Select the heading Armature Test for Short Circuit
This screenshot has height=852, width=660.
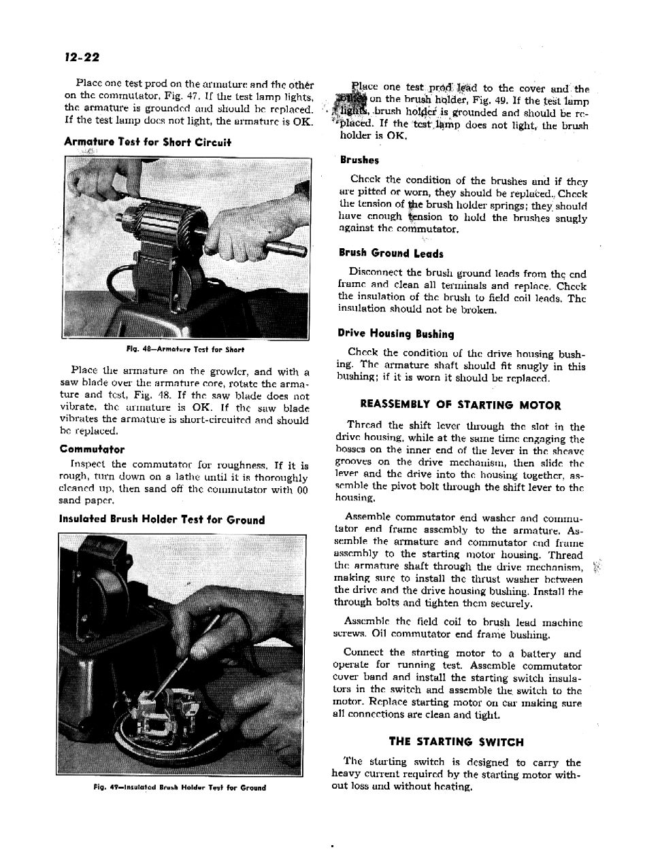coord(147,142)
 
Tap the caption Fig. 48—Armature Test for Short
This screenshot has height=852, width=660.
coord(185,350)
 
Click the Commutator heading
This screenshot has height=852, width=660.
coord(92,449)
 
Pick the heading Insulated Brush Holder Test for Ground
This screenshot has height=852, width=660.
coord(162,520)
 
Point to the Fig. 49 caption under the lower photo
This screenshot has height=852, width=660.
coord(180,787)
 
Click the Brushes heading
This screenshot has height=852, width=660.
coord(359,160)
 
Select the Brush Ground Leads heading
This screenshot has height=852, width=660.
coord(391,254)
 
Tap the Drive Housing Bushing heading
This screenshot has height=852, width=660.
coord(395,334)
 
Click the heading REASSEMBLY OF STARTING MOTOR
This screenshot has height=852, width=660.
coord(460,405)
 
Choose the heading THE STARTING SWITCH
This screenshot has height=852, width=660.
coord(456,742)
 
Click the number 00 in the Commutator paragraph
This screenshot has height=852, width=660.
coord(302,490)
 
